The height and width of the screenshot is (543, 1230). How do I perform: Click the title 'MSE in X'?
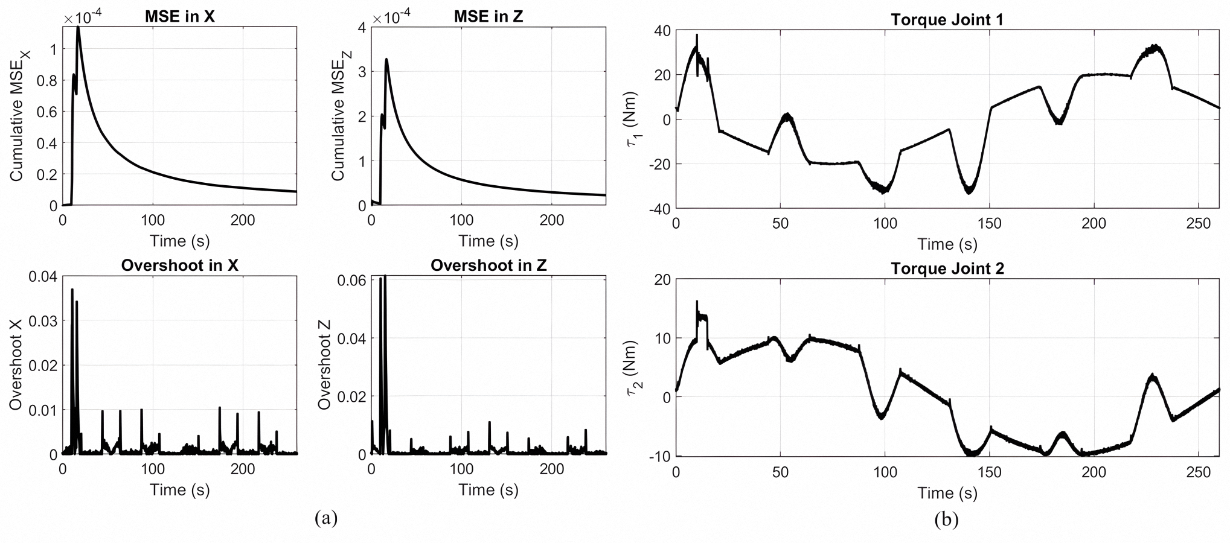179,16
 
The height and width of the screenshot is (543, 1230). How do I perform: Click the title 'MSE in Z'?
488,16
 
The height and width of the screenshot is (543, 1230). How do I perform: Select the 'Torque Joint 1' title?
947,19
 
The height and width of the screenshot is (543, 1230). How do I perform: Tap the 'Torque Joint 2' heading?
947,268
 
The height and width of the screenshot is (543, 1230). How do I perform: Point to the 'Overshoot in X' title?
179,265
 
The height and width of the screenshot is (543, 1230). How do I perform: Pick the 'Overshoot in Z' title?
488,265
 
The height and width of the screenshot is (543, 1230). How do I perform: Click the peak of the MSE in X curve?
78,28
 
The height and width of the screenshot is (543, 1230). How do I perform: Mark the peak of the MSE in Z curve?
386,59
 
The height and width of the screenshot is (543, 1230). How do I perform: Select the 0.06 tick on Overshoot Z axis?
355,280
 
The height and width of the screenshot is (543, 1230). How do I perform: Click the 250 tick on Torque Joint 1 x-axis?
1199,224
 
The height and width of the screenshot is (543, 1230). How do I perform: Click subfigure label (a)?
326,518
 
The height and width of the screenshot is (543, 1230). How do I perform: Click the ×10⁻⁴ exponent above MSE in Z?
391,18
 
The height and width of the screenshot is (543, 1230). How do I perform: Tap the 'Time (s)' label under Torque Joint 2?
947,493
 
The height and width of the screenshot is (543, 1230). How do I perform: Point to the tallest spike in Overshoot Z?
385,276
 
